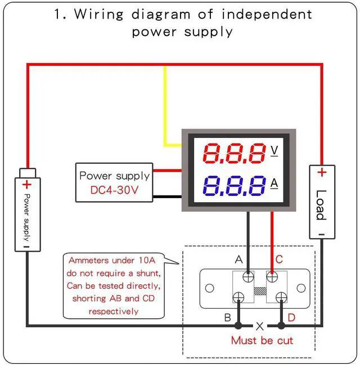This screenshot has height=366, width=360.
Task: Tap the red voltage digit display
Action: point(234,153)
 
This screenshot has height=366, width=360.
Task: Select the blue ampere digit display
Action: point(234,185)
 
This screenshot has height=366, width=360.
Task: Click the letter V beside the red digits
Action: point(274,150)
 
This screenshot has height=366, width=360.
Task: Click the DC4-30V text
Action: point(115,190)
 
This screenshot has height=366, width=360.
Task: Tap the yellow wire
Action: point(165,107)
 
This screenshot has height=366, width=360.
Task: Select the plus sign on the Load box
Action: point(321,172)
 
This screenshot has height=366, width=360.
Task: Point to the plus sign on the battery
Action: point(26,184)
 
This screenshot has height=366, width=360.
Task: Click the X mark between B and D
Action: point(260,326)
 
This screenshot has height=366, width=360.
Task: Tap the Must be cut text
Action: point(262,340)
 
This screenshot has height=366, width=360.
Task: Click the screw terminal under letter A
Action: point(247,277)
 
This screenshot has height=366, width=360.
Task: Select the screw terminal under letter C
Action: point(272,277)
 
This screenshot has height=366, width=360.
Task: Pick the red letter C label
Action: point(278,260)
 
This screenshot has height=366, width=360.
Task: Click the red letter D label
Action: point(291,318)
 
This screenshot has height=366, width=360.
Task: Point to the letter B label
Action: point(227,318)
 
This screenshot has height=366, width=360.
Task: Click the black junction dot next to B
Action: point(238,325)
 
